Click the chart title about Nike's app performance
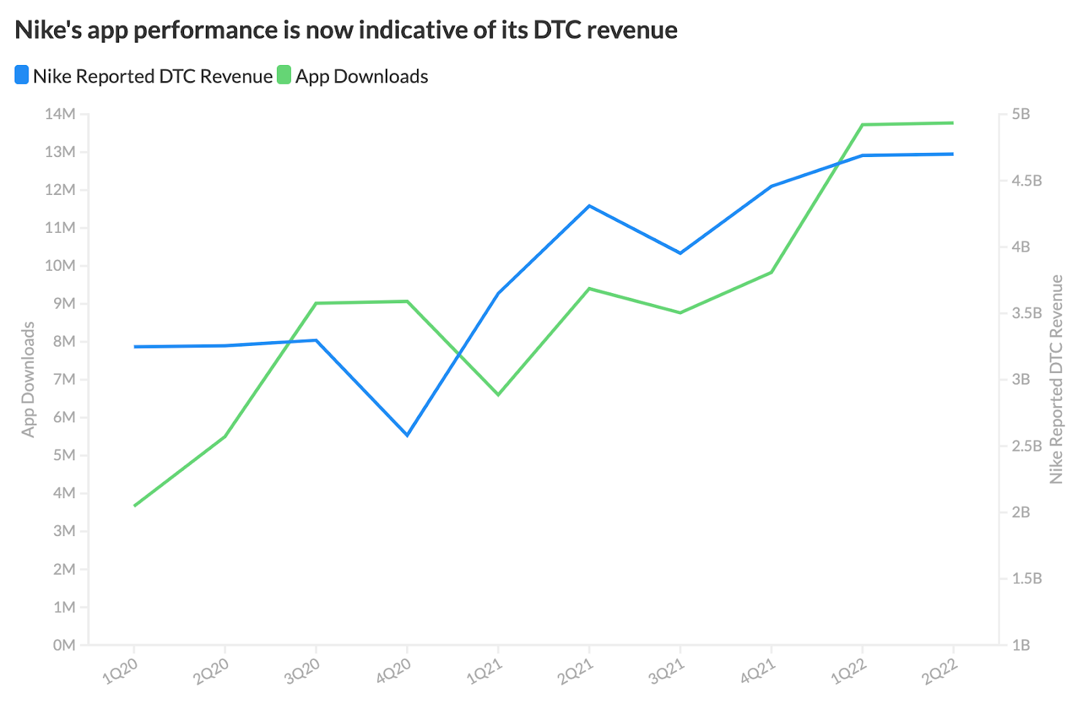pyautogui.click(x=346, y=30)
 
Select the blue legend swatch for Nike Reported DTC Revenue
pyautogui.click(x=22, y=75)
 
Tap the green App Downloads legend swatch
pyautogui.click(x=284, y=75)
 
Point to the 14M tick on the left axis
pyautogui.click(x=60, y=114)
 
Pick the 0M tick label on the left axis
pyautogui.click(x=64, y=645)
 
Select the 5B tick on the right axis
pyautogui.click(x=1021, y=114)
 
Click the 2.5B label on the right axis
pyautogui.click(x=1026, y=445)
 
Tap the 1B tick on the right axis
pyautogui.click(x=1021, y=645)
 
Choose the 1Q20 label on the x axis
pyautogui.click(x=120, y=671)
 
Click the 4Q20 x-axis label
pyautogui.click(x=394, y=671)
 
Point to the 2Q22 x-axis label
pyautogui.click(x=941, y=671)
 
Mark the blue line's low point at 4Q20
pyautogui.click(x=407, y=435)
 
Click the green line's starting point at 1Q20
pyautogui.click(x=135, y=506)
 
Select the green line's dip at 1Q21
pyautogui.click(x=499, y=395)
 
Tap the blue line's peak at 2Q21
pyautogui.click(x=590, y=206)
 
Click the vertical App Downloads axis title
pyautogui.click(x=28, y=379)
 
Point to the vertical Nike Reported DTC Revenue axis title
pyautogui.click(x=1056, y=379)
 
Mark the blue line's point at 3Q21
pyautogui.click(x=680, y=253)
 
